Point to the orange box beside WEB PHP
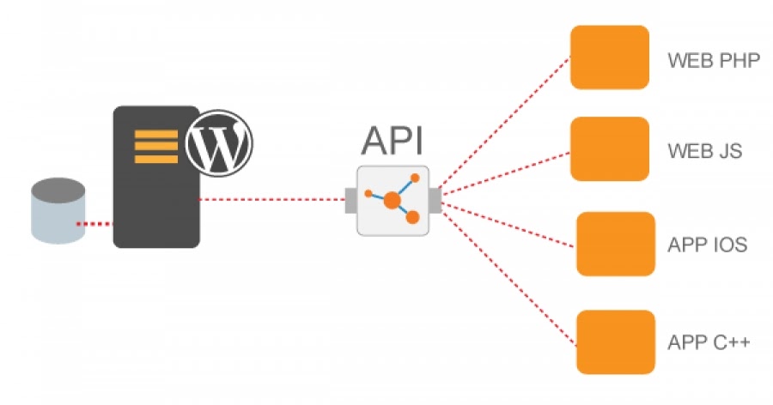[x=609, y=57]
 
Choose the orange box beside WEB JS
[x=609, y=148]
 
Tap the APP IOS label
[x=707, y=245]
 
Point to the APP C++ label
[x=709, y=342]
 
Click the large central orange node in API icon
[x=392, y=201]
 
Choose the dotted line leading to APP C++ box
[x=507, y=270]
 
